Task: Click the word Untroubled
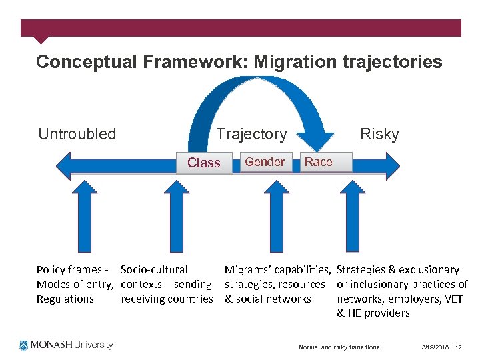(x=77, y=134)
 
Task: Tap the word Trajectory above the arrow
(x=251, y=134)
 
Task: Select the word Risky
(x=379, y=134)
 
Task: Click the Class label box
(x=204, y=163)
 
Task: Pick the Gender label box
(x=265, y=162)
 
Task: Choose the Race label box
(x=318, y=162)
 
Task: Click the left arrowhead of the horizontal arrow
(x=64, y=163)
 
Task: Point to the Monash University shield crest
(x=25, y=345)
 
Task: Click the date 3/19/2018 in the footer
(x=435, y=347)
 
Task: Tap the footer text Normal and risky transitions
(x=339, y=347)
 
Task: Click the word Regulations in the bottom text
(x=65, y=299)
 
